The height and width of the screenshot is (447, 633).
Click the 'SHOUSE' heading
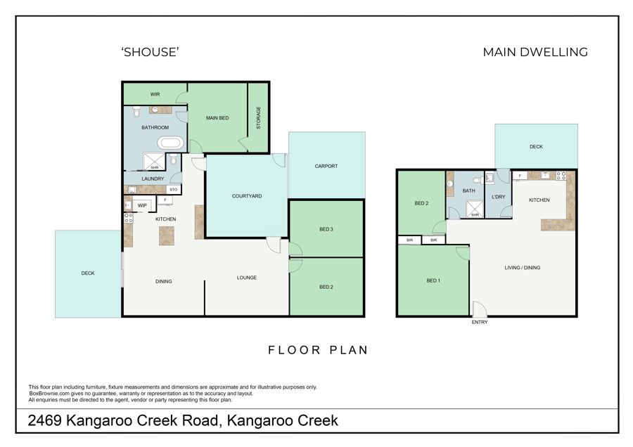tap(151, 52)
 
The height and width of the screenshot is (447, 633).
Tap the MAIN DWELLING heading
tap(535, 52)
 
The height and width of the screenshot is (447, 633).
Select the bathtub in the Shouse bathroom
tap(170, 143)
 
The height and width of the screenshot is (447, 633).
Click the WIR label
tap(155, 94)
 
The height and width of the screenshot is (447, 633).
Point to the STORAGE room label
tap(258, 118)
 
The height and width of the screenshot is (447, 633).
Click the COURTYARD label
tap(247, 196)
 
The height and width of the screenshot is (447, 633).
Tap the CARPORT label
tap(326, 166)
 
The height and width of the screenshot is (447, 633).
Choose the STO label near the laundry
tap(174, 190)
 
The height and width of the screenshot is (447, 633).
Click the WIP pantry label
tap(142, 206)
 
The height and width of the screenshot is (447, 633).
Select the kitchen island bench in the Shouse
tap(166, 236)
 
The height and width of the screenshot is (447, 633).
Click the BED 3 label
tap(326, 229)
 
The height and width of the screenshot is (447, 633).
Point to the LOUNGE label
tap(247, 278)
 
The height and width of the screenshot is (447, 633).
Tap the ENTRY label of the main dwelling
tap(480, 323)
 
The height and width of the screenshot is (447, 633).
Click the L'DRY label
tap(499, 197)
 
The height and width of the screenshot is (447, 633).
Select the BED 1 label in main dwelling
tap(433, 280)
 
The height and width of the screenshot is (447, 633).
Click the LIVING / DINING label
tap(523, 268)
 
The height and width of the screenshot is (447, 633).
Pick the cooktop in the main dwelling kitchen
tap(561, 176)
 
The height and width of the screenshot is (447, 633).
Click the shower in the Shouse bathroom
tap(154, 162)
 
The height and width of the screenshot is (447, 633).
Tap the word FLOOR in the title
tap(294, 350)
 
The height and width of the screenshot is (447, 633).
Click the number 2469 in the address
tap(44, 420)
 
